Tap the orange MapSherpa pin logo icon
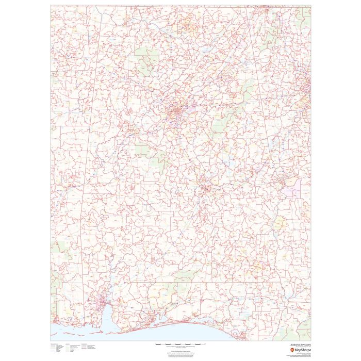click(292, 350)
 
